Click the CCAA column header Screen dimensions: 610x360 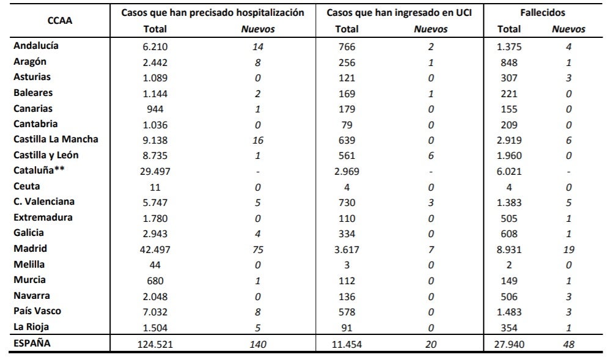(59, 21)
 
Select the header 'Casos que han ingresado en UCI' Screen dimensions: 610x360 (399, 12)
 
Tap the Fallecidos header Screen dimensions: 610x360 (543, 12)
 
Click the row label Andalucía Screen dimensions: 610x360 (36, 46)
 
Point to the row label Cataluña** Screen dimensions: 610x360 (39, 171)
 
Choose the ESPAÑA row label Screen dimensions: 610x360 (32, 343)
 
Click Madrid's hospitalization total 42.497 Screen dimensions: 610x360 (155, 249)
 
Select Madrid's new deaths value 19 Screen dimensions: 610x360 (569, 249)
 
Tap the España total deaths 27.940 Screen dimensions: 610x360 (509, 345)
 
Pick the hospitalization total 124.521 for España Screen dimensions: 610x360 (155, 345)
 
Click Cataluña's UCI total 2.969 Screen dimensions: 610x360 (347, 171)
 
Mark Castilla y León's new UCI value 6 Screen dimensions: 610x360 (431, 156)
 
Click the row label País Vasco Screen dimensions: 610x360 (37, 311)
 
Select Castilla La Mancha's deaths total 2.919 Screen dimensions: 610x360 (509, 140)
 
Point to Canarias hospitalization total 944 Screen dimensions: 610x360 (155, 109)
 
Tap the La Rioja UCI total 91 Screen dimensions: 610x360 (347, 328)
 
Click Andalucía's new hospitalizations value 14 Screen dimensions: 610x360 (257, 46)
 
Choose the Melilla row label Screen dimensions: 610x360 (29, 264)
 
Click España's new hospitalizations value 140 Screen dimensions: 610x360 (257, 345)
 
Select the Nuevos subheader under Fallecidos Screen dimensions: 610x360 (568, 29)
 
